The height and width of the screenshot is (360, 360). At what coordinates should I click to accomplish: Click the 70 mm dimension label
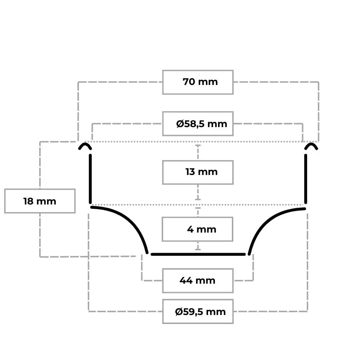(200, 82)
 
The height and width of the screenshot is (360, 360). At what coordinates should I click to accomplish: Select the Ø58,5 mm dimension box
(198, 124)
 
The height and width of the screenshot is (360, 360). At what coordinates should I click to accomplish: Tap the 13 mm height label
(201, 172)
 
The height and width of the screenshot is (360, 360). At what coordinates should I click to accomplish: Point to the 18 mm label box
(40, 201)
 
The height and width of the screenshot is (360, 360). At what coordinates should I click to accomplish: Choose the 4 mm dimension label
(202, 229)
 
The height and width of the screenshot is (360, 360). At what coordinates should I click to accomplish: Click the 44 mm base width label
(197, 280)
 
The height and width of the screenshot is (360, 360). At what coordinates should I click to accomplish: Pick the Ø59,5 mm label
(200, 312)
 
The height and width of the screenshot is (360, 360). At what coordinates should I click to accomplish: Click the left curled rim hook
(85, 144)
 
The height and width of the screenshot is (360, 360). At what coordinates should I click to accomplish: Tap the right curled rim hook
(311, 144)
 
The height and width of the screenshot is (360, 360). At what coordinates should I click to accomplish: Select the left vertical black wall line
(90, 179)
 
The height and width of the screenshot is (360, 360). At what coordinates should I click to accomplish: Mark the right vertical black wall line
(306, 179)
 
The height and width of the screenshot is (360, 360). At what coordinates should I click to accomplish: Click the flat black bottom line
(198, 255)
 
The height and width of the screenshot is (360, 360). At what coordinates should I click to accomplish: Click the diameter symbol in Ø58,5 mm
(180, 124)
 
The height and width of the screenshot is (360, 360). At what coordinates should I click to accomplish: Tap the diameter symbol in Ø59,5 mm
(179, 312)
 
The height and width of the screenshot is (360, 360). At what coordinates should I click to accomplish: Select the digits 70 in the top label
(189, 82)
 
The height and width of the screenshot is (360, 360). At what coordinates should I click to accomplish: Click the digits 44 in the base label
(186, 280)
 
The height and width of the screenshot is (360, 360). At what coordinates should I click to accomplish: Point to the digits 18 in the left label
(28, 201)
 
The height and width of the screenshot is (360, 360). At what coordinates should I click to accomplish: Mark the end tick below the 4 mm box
(198, 249)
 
